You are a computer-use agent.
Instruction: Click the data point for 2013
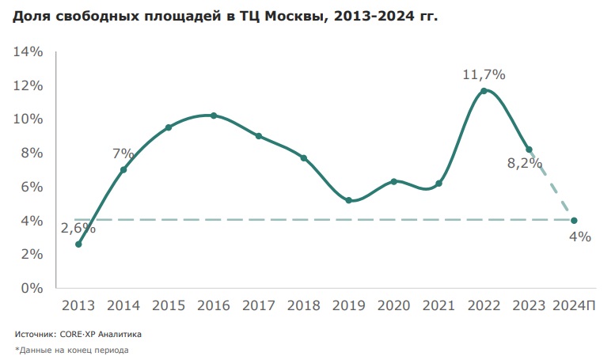point(78,244)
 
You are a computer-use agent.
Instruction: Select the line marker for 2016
point(214,116)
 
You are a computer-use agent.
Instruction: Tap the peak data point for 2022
point(484,91)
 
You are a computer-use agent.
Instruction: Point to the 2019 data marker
point(348,200)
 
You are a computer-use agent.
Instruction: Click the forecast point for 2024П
point(573,220)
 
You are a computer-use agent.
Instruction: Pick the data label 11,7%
point(484,74)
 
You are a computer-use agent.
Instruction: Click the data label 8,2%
point(524,164)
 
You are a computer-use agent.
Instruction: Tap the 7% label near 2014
point(124,153)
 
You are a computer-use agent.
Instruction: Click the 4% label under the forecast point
point(580,236)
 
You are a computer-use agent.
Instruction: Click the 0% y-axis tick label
point(32,288)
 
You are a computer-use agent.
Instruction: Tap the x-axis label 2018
point(303,305)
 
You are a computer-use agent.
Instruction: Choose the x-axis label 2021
point(438,305)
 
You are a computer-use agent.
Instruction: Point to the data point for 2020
point(393,181)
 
